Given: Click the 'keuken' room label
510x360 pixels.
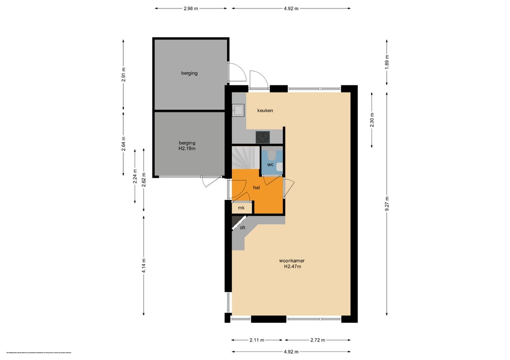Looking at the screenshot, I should tap(265, 110).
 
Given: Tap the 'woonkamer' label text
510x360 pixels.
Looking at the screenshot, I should tap(292, 260).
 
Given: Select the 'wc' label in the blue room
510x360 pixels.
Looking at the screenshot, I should tap(270, 164).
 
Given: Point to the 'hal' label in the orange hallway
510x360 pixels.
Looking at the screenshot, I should tap(257, 187).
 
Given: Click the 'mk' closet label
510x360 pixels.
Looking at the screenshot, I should tap(241, 208).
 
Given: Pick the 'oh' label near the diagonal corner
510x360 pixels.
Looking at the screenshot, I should tap(243, 227).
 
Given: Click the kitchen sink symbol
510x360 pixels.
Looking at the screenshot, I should tap(238, 110).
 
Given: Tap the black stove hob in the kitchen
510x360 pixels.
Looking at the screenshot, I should tap(263, 137).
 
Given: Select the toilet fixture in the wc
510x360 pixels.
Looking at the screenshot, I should tap(272, 155).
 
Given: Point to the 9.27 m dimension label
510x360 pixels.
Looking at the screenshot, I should tap(387, 204).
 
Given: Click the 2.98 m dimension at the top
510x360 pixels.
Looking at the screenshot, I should tap(191, 8).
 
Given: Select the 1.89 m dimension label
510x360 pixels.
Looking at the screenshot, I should tap(387, 63).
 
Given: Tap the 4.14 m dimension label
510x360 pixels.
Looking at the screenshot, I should tap(144, 266).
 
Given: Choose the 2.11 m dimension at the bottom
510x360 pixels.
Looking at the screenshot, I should tap(257, 340).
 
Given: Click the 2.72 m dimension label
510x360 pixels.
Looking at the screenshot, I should tap(317, 340).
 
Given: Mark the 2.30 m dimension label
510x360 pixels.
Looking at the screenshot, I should tap(372, 120).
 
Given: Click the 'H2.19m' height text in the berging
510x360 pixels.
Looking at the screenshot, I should tap(187, 148).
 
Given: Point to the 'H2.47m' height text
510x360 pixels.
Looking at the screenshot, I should tap(292, 267).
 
